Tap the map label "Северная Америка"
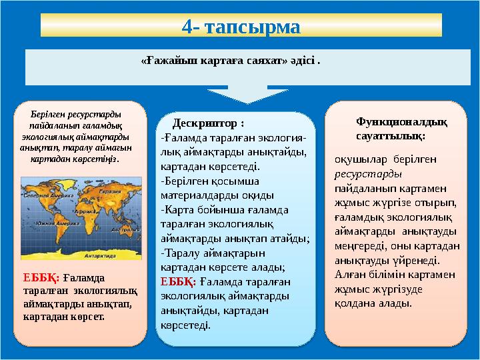pos(48,196)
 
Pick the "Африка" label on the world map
pos(83,210)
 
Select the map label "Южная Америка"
pos(58,223)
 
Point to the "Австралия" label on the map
pos(125,229)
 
